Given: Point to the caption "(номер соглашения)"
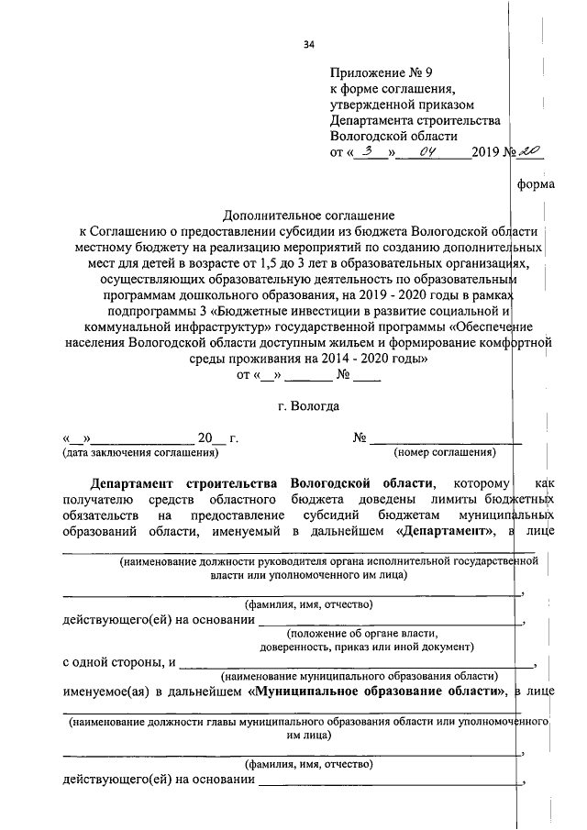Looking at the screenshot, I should pyautogui.click(x=445, y=452).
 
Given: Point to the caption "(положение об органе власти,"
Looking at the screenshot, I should pyautogui.click(x=362, y=634).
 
